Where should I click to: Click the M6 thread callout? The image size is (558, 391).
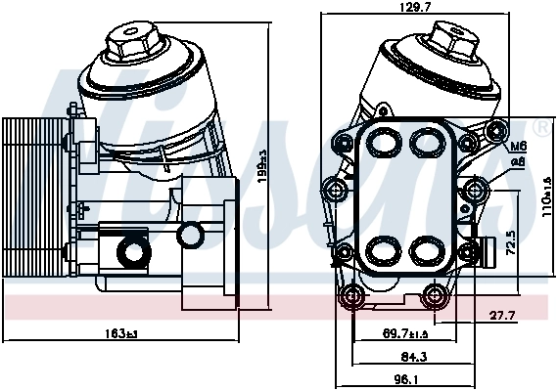520,147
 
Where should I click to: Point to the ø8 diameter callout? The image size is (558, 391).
520,161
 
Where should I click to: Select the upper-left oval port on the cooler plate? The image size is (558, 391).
384,144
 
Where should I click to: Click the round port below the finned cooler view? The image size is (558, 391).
130,252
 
